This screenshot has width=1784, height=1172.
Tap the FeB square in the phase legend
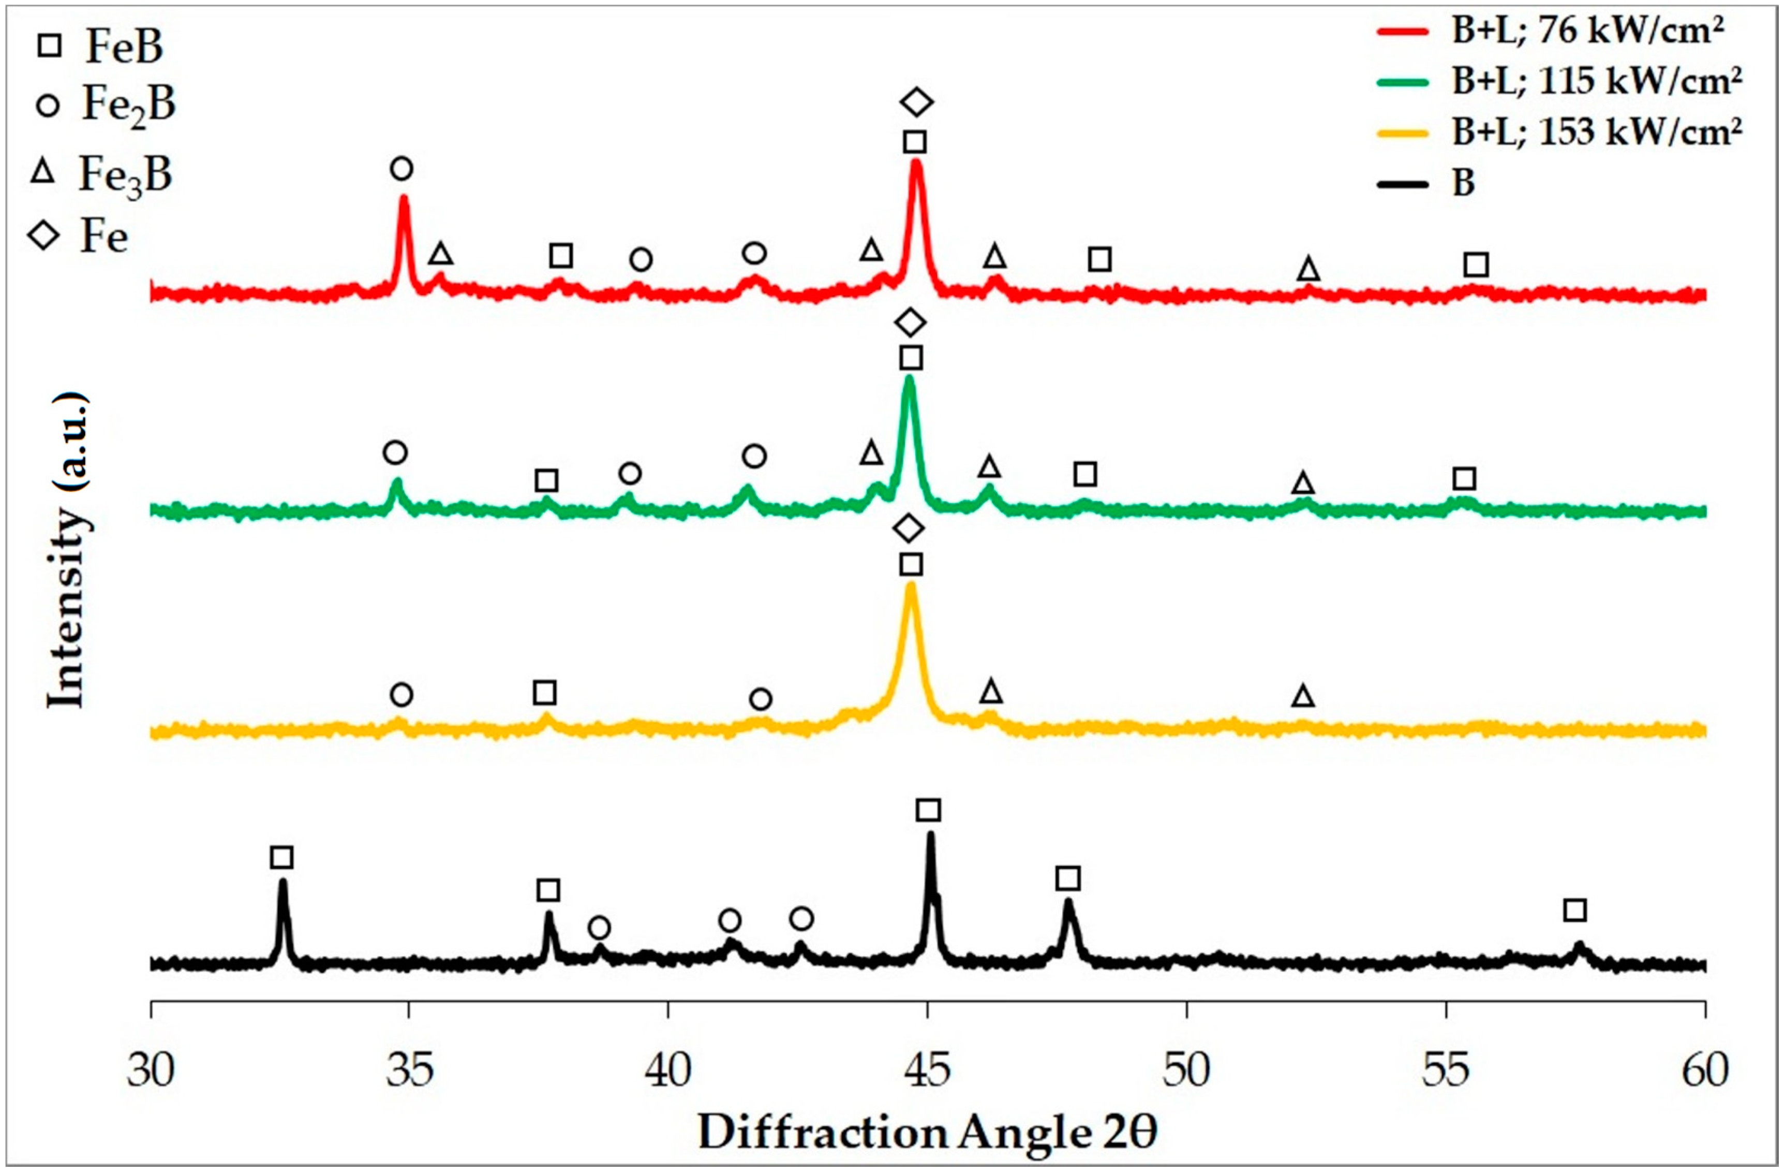coord(50,47)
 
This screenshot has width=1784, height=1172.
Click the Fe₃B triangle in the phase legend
coord(43,174)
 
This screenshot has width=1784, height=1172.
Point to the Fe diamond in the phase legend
coord(43,237)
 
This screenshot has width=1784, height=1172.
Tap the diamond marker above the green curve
coord(911,323)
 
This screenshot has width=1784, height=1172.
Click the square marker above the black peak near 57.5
coord(1575,910)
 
